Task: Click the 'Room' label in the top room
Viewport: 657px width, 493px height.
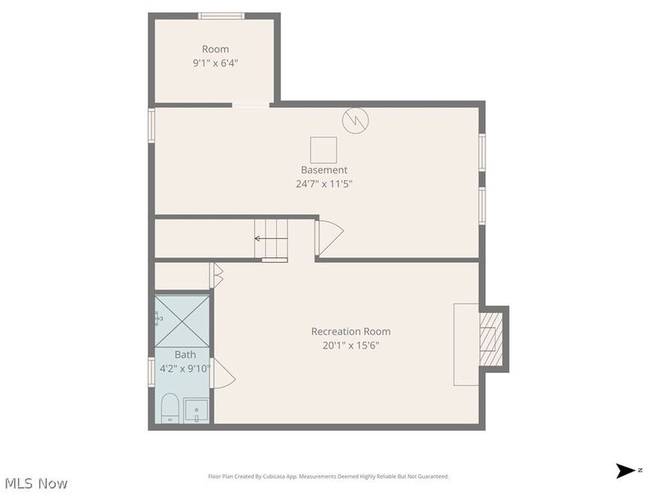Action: point(215,49)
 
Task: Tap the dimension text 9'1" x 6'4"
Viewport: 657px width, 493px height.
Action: point(215,62)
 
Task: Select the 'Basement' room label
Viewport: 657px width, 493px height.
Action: point(324,170)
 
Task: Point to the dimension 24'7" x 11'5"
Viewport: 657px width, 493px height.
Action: point(324,184)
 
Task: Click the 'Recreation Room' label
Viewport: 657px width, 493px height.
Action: point(351,331)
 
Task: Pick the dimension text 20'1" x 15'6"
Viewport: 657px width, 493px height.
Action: point(351,345)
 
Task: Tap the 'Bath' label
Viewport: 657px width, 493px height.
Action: point(185,355)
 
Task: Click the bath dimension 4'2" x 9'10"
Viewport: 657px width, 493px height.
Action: point(185,369)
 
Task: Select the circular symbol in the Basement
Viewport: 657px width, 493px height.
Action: point(356,121)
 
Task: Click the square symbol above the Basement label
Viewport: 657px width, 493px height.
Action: point(324,150)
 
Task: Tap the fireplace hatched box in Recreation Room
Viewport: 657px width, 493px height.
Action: point(490,338)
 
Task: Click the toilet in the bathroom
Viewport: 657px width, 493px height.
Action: point(169,408)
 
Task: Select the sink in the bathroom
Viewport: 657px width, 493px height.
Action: point(196,410)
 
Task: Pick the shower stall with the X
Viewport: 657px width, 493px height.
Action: point(182,320)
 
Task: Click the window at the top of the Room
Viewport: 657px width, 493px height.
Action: point(222,16)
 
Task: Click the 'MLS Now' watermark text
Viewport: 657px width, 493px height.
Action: point(35,484)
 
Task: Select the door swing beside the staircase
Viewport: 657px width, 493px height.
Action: point(328,237)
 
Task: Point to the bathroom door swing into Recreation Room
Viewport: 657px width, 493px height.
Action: point(223,374)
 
